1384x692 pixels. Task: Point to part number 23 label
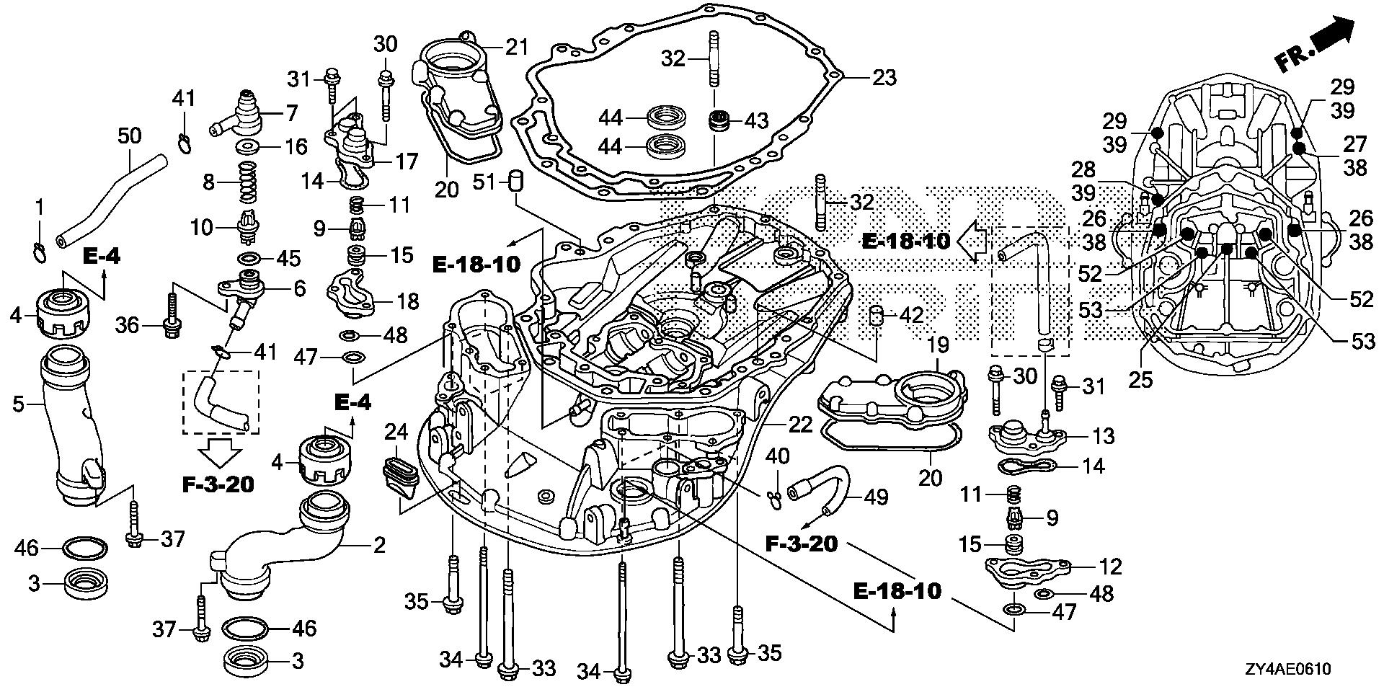(884, 77)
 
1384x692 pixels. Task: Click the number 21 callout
(516, 48)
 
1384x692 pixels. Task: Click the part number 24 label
(396, 432)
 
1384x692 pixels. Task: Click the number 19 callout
(938, 346)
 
